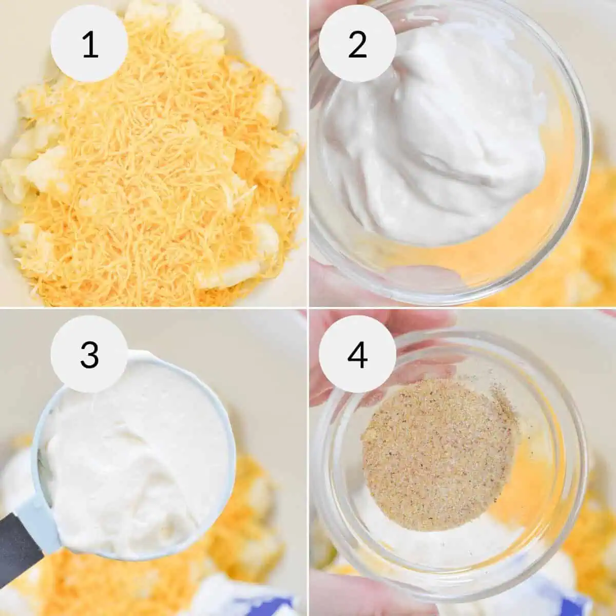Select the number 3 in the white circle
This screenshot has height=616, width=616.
pos(89,354)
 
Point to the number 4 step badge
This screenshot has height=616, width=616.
pos(357,354)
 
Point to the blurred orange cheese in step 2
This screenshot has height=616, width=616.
pos(590,216)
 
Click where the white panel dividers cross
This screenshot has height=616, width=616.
pos(307,308)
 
